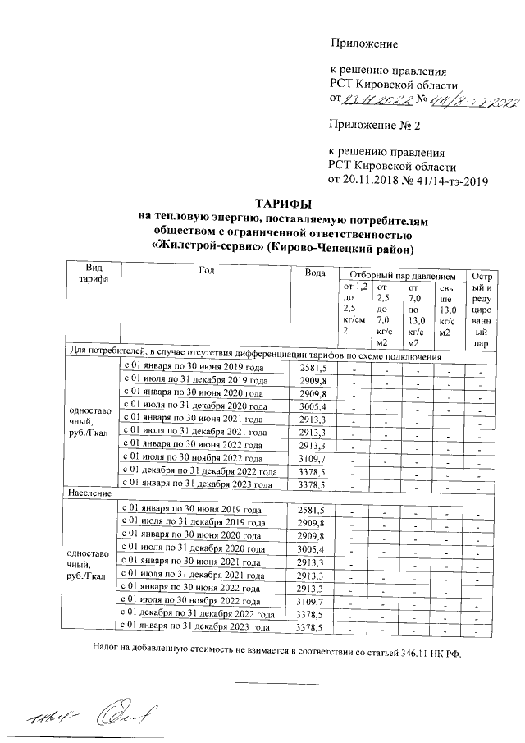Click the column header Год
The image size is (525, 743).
click(206, 271)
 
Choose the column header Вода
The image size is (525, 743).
click(314, 273)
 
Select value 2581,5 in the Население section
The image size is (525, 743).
click(312, 510)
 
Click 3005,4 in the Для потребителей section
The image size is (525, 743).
click(312, 406)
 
